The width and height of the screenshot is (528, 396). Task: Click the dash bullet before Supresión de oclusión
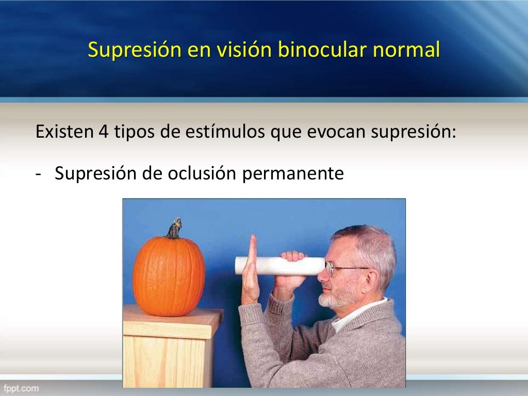[39, 174]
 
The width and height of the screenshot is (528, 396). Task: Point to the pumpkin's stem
[175, 228]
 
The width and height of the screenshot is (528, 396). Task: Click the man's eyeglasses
[340, 269]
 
